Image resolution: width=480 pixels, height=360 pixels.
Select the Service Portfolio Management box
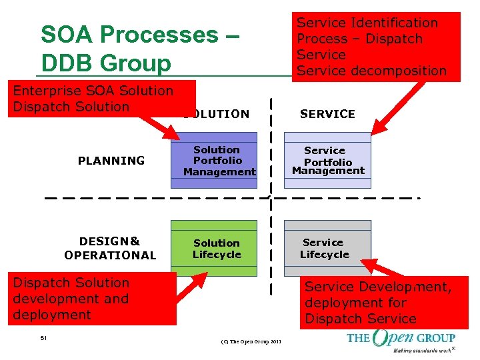(x=327, y=161)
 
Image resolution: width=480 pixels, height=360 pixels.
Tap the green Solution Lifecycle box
(x=214, y=248)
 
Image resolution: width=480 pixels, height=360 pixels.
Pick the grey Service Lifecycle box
(x=327, y=248)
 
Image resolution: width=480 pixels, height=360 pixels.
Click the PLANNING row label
(x=111, y=161)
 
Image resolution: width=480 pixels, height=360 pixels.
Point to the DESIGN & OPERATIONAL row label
(x=110, y=248)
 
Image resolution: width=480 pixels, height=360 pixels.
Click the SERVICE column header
(x=327, y=114)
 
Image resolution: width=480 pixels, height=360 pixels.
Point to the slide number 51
(x=43, y=339)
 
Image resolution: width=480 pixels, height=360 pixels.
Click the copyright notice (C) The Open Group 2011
(x=251, y=342)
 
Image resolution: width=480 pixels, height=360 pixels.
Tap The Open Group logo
(x=401, y=337)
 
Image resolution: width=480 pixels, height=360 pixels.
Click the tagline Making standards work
(x=421, y=350)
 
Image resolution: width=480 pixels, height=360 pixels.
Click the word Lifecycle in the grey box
(x=325, y=255)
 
